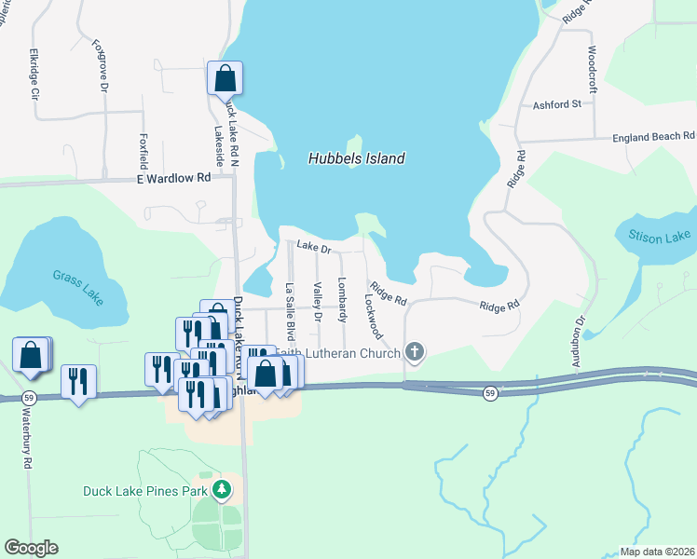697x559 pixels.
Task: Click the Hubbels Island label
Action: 356,158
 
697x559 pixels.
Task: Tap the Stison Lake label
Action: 659,239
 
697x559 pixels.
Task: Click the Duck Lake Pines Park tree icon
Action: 222,489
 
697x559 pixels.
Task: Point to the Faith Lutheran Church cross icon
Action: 416,352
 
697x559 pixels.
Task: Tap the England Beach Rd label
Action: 653,137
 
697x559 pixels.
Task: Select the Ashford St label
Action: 557,105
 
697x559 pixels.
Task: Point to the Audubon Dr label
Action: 580,333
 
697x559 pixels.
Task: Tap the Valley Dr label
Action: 317,303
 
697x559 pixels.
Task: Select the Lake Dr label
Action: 314,248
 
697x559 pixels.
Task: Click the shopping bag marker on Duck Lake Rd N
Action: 225,78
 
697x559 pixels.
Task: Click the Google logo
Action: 31,548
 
